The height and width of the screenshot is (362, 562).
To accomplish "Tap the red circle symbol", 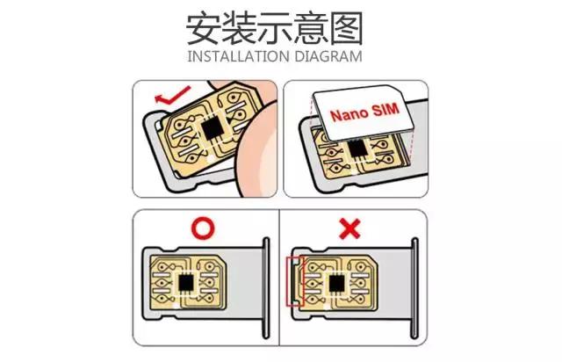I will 203,230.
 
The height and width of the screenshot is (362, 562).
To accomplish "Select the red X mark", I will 349,230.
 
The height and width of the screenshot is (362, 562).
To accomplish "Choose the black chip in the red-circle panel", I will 189,283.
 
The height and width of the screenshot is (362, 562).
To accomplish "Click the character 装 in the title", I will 240,29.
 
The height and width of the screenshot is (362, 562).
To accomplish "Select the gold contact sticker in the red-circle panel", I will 187,283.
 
